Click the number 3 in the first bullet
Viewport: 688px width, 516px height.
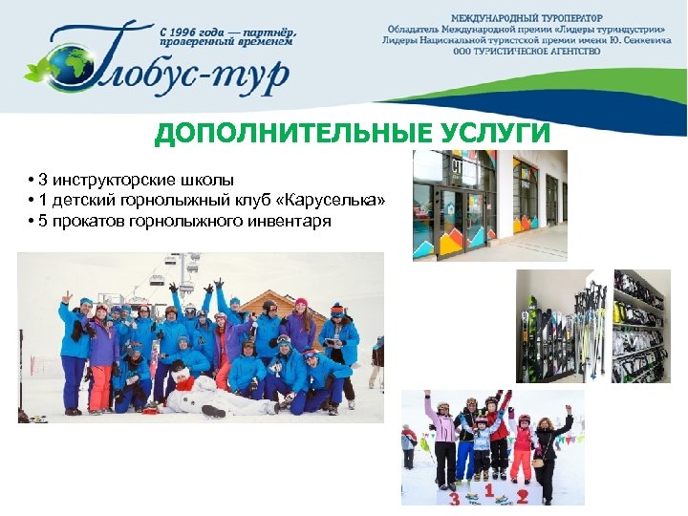coord(44,180)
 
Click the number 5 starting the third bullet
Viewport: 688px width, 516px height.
coord(44,222)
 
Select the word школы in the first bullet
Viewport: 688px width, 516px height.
coord(207,180)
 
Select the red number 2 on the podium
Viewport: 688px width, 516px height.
coord(522,497)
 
